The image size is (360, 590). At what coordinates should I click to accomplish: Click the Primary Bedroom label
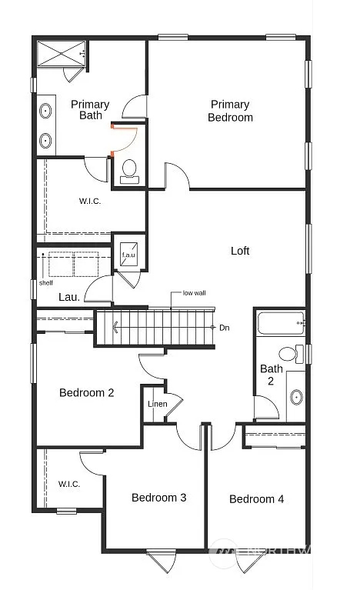[x=230, y=111]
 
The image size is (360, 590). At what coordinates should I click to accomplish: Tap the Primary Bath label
[x=90, y=110]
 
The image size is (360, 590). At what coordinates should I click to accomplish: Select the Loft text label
[x=240, y=251]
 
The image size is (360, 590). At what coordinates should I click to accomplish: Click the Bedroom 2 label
[x=87, y=393]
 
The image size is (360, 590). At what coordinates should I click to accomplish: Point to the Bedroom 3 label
[x=158, y=498]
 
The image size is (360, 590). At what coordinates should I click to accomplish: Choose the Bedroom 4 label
[x=257, y=499]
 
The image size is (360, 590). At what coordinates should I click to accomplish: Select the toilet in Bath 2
[x=289, y=355]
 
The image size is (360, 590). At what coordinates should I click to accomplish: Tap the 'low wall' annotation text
[x=194, y=293]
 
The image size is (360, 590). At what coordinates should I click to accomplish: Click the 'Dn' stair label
[x=224, y=328]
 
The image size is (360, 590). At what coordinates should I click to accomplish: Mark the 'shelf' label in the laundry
[x=46, y=282]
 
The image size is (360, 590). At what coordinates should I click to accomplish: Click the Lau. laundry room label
[x=70, y=297]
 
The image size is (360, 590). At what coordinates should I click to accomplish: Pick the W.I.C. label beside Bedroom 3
[x=69, y=484]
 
